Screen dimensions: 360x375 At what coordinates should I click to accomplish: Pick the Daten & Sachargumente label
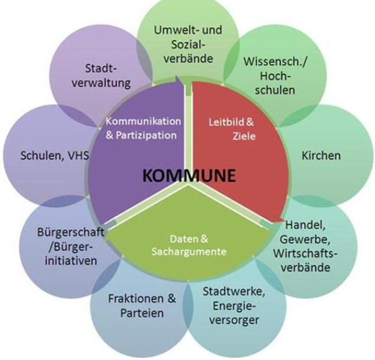(189, 246)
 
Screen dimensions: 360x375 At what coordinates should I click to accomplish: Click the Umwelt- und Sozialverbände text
(187, 44)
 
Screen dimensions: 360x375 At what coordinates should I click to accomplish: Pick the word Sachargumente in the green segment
(189, 252)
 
